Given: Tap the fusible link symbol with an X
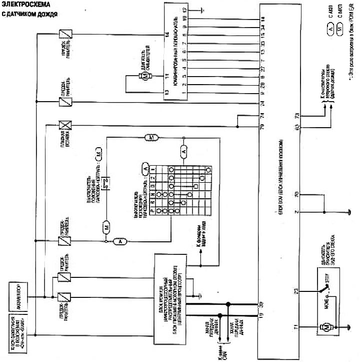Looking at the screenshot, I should click(x=64, y=125).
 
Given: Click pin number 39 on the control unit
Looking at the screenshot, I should click(x=261, y=303).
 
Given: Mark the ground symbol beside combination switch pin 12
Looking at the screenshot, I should click(x=201, y=9).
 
